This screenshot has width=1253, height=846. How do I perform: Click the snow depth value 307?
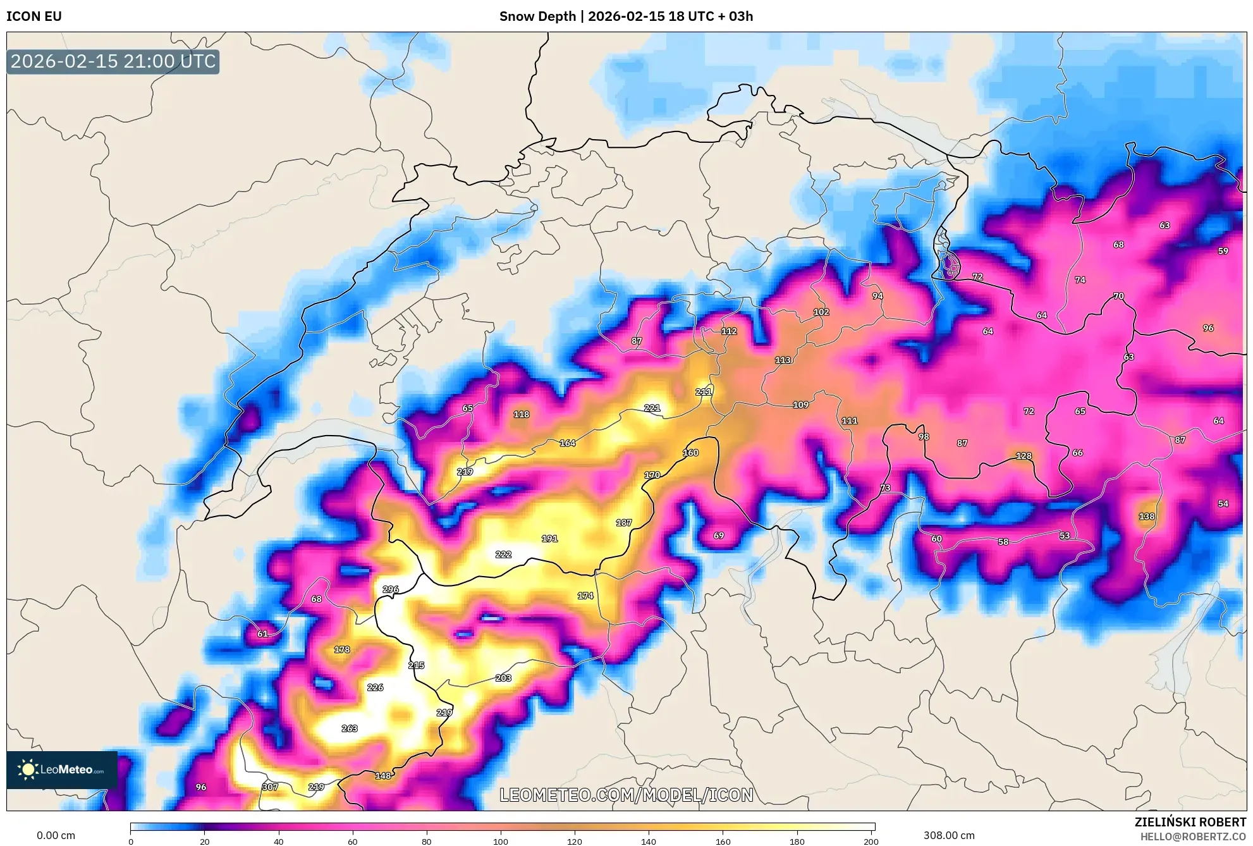(x=270, y=787)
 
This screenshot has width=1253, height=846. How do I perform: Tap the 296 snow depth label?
(x=391, y=589)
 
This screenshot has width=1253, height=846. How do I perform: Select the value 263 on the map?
(x=350, y=728)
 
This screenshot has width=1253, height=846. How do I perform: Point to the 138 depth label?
(x=1147, y=517)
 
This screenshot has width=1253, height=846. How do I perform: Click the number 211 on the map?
(x=704, y=392)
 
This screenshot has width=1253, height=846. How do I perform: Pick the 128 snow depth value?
(x=1024, y=456)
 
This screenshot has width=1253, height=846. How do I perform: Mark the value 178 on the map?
(x=342, y=649)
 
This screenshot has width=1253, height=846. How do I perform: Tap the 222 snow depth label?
(x=503, y=555)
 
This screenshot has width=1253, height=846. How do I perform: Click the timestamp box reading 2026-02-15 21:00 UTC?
(x=113, y=61)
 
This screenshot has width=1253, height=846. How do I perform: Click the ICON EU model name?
(x=34, y=16)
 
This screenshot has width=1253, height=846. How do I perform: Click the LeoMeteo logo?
(x=62, y=769)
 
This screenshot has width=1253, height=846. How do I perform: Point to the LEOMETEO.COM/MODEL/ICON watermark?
(x=626, y=795)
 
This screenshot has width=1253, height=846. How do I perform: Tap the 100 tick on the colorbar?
(x=501, y=842)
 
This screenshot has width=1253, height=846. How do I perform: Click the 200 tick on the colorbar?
(x=871, y=842)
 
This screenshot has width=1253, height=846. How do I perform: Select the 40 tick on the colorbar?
(x=279, y=842)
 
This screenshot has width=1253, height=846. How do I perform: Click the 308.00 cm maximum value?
(x=948, y=835)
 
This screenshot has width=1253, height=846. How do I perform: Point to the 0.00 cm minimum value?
(x=56, y=835)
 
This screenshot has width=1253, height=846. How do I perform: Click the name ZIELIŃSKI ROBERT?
(x=1190, y=822)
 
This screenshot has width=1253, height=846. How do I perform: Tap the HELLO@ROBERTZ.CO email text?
(x=1193, y=837)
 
